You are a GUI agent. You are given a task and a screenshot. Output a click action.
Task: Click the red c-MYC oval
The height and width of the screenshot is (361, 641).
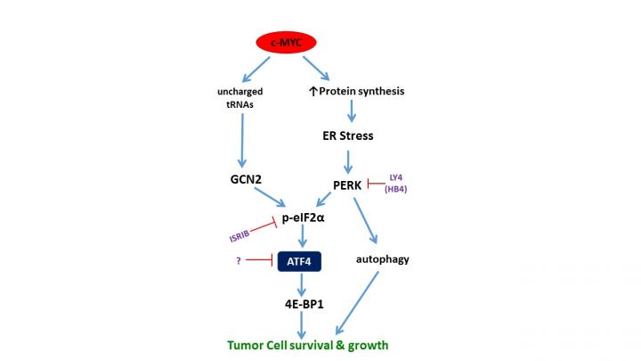coord(288,41)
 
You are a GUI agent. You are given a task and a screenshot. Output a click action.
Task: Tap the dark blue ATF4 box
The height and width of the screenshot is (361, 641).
coord(297,260)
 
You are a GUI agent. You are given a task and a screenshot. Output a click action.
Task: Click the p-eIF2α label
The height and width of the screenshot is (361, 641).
coord(305,217)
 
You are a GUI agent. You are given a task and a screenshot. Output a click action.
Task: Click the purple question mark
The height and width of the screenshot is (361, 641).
coord(239,260)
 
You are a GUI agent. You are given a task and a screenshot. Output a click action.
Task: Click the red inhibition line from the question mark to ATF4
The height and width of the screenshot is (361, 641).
coord(260,260)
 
